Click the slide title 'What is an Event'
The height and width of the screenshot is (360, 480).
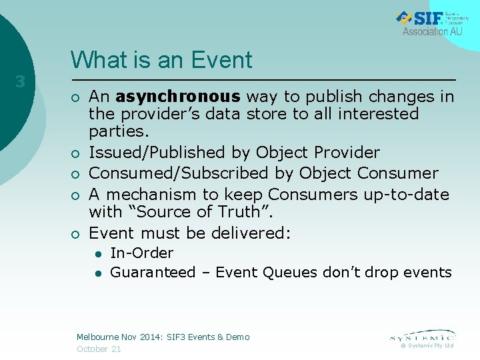point(161,60)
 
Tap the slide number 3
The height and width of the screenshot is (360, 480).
point(21,82)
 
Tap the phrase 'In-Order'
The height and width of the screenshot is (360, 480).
point(141,253)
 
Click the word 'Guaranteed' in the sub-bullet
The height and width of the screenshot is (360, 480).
point(153,272)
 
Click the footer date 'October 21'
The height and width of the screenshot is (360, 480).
point(99,349)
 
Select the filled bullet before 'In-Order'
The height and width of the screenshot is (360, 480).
point(97,253)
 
